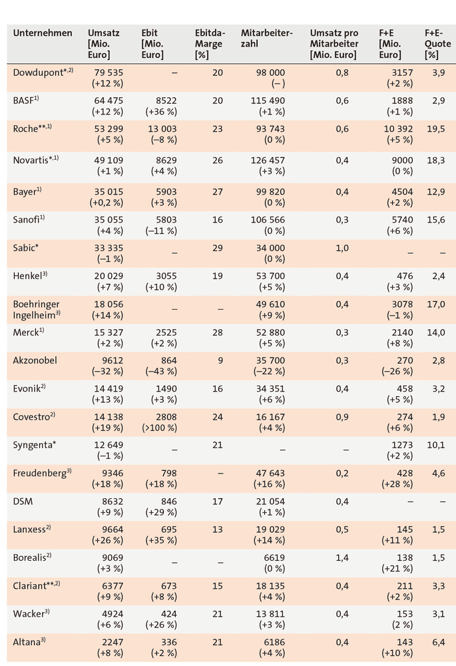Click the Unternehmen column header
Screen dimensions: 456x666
(x=43, y=33)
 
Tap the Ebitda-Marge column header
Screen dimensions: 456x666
(x=210, y=44)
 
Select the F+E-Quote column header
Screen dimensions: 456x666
(x=438, y=44)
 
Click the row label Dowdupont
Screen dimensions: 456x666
(x=43, y=72)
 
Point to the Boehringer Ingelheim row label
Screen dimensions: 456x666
(x=37, y=310)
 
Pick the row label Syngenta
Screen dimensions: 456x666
(x=35, y=445)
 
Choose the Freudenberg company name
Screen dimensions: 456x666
(x=42, y=473)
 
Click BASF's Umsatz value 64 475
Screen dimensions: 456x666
(x=109, y=101)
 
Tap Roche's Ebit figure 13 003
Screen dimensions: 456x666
(x=162, y=129)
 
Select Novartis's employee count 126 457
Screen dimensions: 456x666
(x=270, y=160)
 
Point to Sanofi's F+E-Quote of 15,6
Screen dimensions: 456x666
(x=436, y=220)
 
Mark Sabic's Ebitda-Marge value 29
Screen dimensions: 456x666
(x=218, y=248)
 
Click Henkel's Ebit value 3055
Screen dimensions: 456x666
(x=166, y=276)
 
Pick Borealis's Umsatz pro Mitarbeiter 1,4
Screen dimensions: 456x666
(x=342, y=557)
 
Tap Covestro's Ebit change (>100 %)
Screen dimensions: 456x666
(x=160, y=428)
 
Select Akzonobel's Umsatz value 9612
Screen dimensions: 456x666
(x=113, y=360)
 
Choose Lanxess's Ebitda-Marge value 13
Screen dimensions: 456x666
(x=218, y=529)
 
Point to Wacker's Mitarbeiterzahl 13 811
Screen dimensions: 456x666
(x=270, y=614)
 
